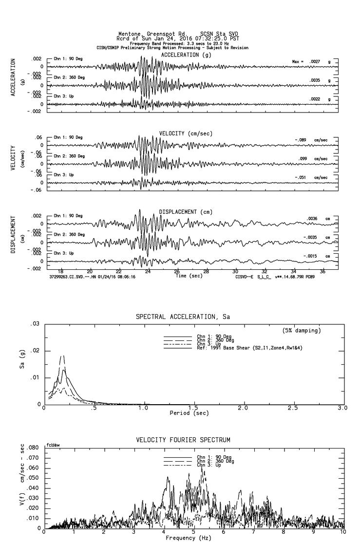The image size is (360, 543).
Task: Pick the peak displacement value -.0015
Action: (x=310, y=256)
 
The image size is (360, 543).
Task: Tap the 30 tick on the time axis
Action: (x=235, y=271)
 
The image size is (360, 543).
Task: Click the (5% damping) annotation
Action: (x=302, y=331)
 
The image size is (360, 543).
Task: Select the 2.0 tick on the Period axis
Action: (x=243, y=408)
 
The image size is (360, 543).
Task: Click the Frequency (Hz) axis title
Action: (x=189, y=538)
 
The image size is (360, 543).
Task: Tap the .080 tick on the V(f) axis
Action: (x=33, y=448)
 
